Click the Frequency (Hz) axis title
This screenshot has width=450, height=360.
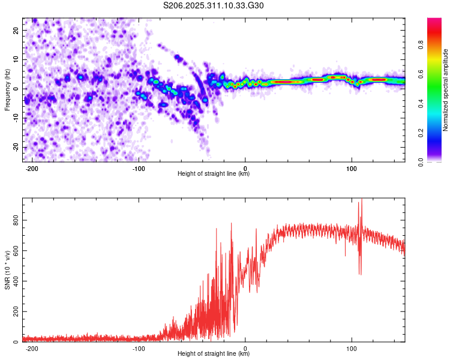click(7, 89)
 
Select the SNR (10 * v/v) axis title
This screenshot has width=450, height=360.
click(7, 270)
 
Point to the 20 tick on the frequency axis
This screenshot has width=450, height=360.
click(16, 30)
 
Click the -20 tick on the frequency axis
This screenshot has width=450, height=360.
click(14, 148)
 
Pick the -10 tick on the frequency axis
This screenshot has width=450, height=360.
click(14, 118)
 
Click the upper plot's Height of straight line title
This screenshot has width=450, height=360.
click(214, 174)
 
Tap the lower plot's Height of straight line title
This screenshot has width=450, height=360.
click(214, 355)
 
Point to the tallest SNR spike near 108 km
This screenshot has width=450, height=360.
click(361, 200)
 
